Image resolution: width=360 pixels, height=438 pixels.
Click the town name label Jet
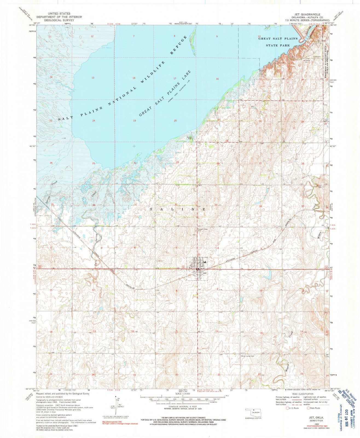pyautogui.click(x=204, y=273)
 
